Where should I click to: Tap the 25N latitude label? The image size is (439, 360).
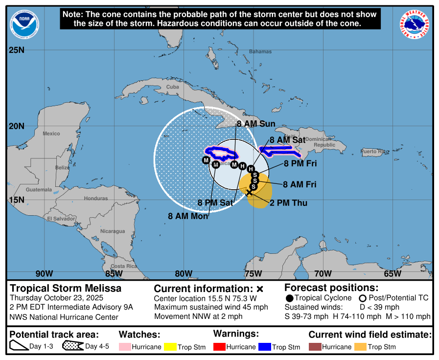point(17,50)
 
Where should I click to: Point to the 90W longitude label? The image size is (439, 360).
point(44,273)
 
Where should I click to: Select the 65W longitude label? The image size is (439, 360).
point(393,273)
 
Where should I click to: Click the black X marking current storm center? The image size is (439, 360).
point(249,193)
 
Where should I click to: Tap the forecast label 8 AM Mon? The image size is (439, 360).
point(188,216)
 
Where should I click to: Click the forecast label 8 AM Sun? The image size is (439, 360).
point(256,124)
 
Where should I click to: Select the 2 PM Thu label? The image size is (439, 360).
point(289,202)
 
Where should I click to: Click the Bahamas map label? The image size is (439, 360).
point(260,51)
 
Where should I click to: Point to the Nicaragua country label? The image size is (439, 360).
point(112,231)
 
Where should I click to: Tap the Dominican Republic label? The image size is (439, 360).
point(324,142)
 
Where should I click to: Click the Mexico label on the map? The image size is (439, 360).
point(51,134)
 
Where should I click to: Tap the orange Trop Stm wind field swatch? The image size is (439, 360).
point(361,347)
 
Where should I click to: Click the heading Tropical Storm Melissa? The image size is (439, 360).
point(66,289)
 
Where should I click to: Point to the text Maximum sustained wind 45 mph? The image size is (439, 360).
point(211,307)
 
